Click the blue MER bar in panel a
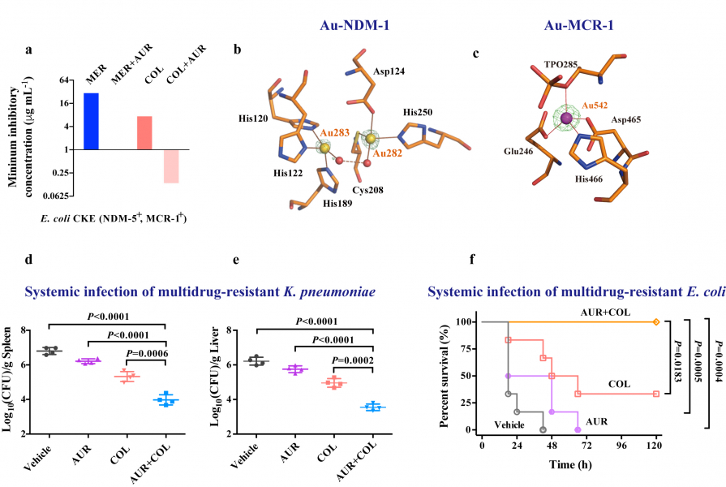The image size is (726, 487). (91, 122)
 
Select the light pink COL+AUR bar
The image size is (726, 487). (171, 166)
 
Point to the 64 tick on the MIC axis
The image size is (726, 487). (65, 81)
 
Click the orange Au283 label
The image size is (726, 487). (334, 131)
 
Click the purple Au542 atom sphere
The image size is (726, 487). (567, 120)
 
